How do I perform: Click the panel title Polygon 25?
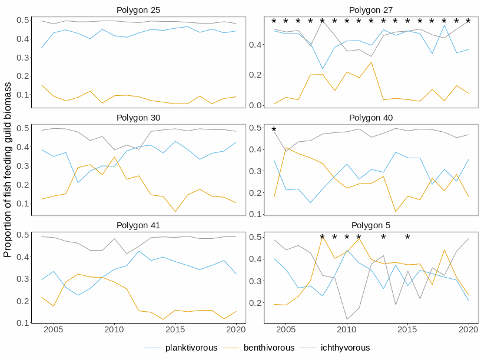[139, 10]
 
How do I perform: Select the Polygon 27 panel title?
[371, 10]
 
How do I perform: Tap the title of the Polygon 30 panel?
[139, 118]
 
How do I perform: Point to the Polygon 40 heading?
[371, 118]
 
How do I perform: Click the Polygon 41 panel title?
[139, 225]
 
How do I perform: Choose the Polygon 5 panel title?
[371, 225]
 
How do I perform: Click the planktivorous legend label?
[191, 348]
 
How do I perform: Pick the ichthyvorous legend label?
[345, 348]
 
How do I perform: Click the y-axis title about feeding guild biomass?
[8, 171]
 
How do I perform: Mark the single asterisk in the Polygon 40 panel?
[274, 130]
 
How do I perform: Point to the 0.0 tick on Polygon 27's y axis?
[257, 105]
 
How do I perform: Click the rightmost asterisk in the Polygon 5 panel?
[407, 238]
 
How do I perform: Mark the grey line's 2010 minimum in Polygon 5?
[347, 319]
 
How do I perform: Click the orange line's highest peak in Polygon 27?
[371, 62]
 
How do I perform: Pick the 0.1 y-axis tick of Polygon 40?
[257, 214]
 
